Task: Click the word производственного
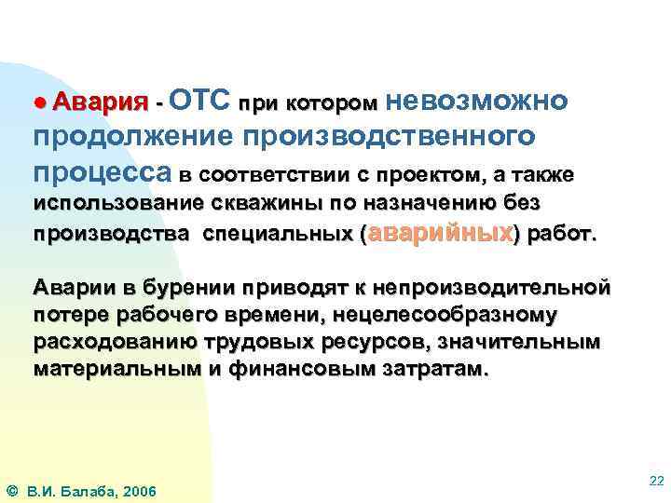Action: pos(389,137)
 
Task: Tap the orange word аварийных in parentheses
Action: pos(442,233)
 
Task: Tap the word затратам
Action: pos(438,369)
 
